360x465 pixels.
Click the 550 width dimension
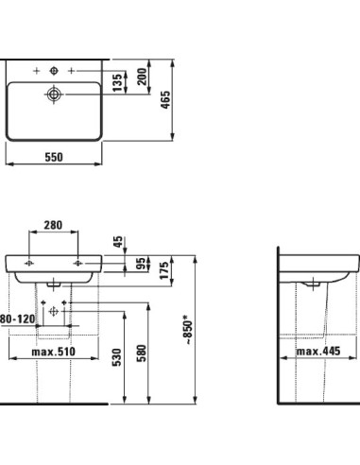coord(53,158)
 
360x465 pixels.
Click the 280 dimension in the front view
coord(53,226)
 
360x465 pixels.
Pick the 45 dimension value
coord(117,242)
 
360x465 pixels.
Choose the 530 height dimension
coord(117,356)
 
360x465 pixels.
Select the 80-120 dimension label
coord(16,321)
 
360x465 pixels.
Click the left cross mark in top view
coord(34,71)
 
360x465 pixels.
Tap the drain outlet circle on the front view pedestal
coord(54,309)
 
